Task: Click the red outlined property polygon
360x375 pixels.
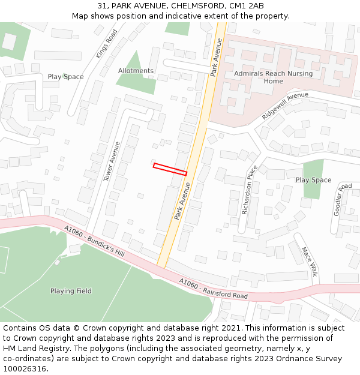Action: [170, 169]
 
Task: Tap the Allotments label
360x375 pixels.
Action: [136, 71]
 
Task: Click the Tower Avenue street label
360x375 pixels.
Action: [112, 161]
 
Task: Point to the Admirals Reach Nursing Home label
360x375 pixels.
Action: [273, 77]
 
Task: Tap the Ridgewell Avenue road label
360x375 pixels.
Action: [285, 106]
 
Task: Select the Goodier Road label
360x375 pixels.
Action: [343, 200]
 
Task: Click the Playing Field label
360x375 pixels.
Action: [71, 291]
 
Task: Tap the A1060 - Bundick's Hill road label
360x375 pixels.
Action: [94, 242]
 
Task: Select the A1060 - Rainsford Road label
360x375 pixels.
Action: [213, 289]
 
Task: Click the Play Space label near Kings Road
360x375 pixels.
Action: [66, 77]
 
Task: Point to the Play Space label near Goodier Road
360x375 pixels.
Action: [313, 180]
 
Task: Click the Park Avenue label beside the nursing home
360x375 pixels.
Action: [217, 57]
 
